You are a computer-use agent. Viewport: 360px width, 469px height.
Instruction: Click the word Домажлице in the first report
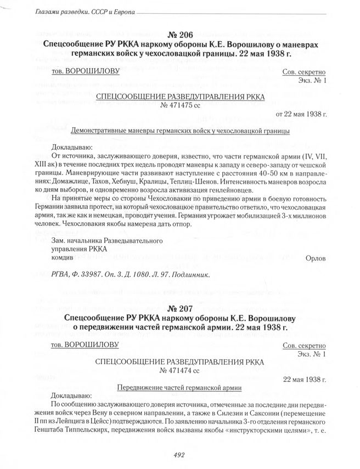click(x=87, y=180)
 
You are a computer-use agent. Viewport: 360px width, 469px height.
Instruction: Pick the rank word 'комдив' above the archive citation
click(x=62, y=258)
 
